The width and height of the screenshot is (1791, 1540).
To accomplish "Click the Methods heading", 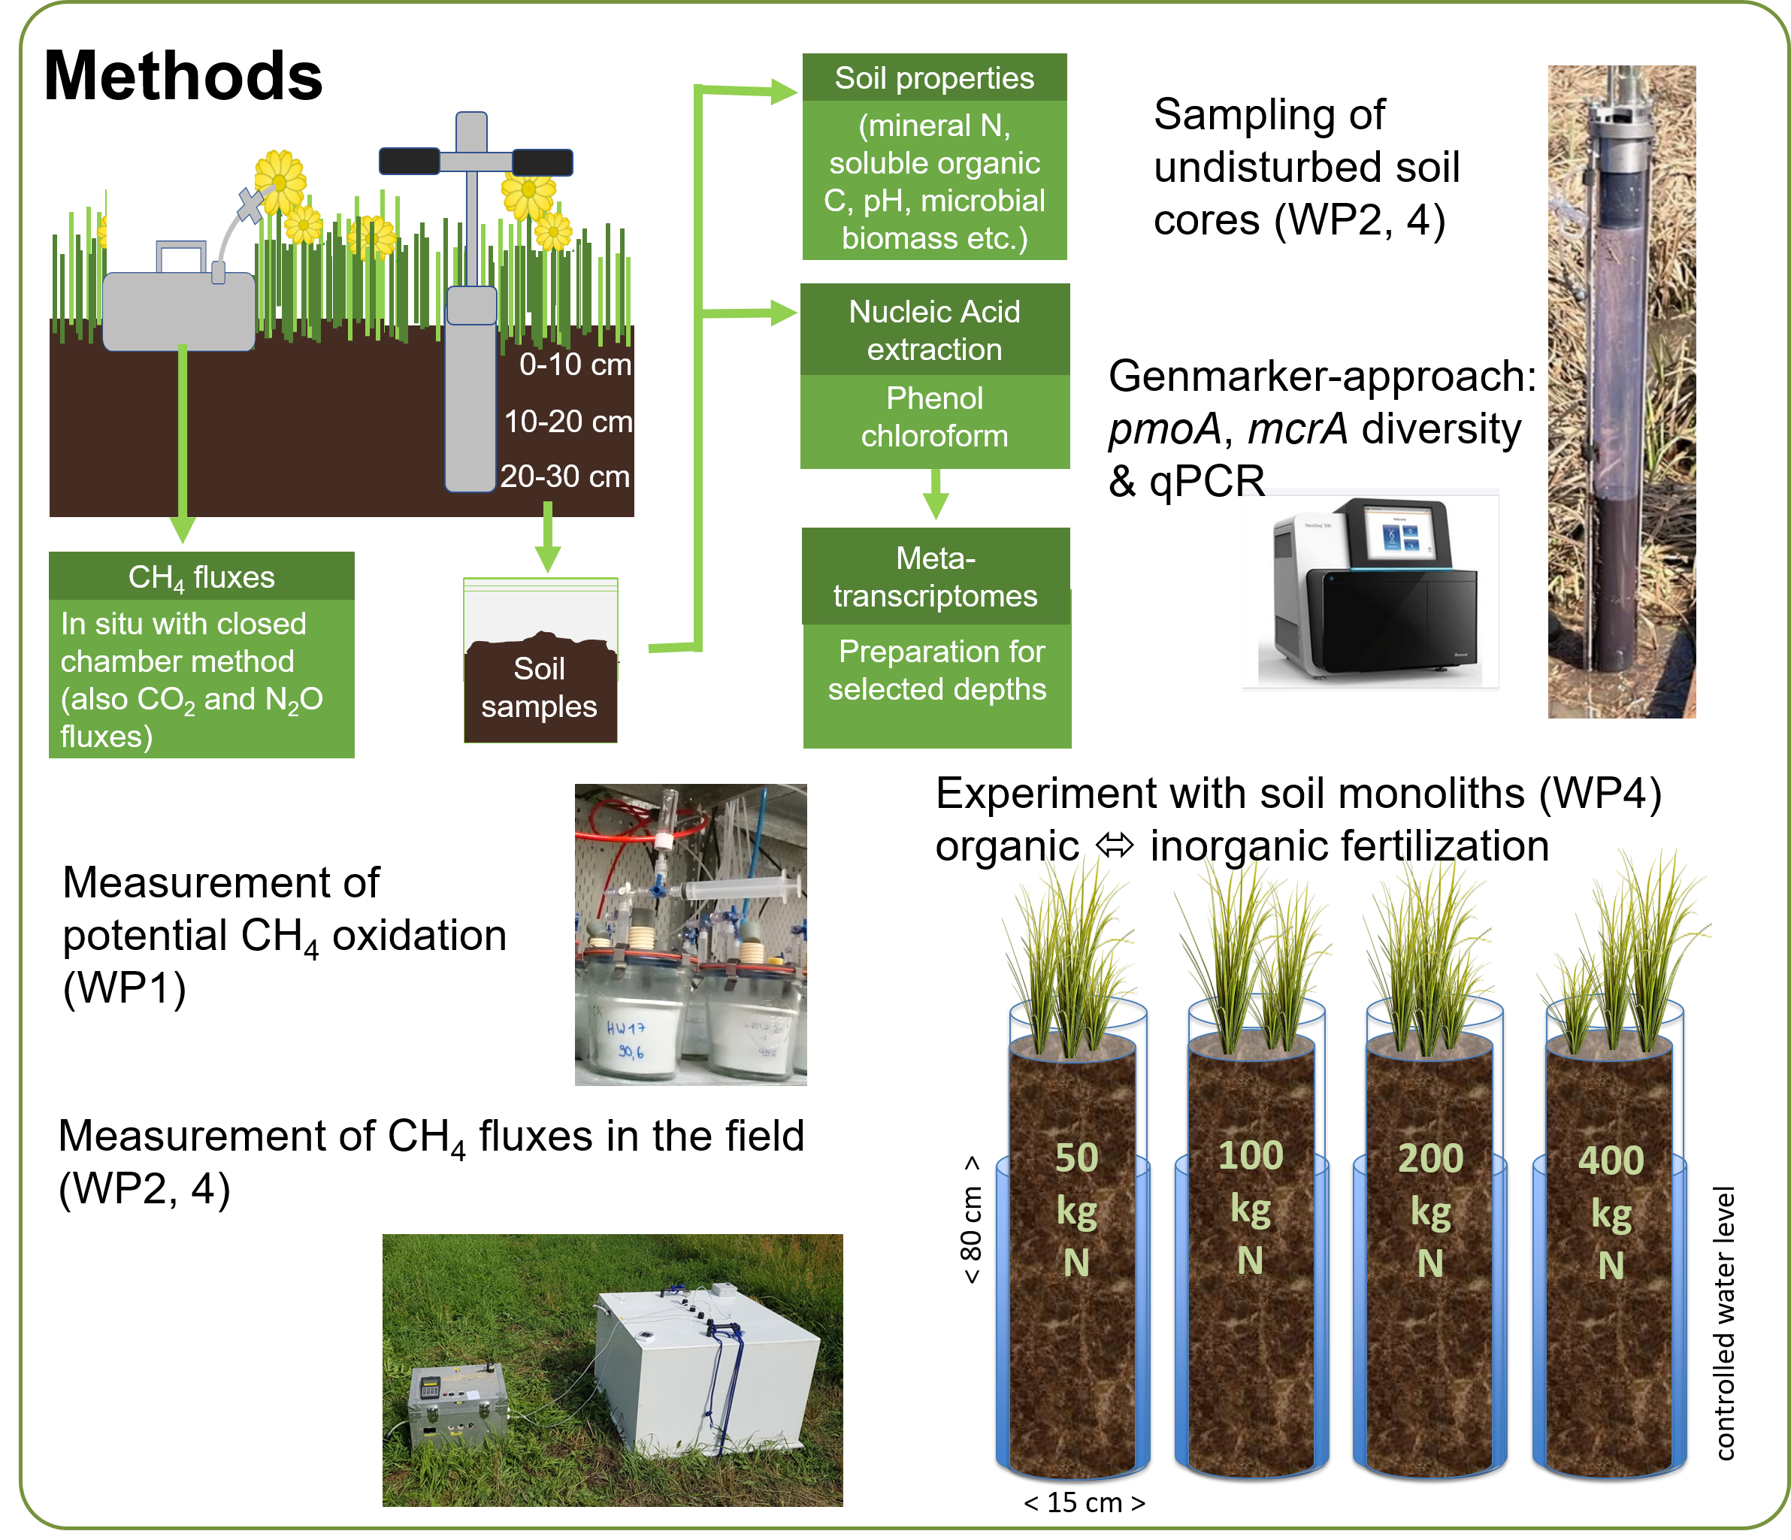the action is point(183,76).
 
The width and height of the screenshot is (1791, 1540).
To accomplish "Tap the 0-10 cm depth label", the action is point(575,365).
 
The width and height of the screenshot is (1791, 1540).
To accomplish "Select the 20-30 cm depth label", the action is point(565,477).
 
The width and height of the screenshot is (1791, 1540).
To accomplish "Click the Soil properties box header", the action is point(934,77).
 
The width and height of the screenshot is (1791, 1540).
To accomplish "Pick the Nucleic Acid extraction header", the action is point(934,330).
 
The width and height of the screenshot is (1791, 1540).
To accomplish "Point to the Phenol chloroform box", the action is point(934,417).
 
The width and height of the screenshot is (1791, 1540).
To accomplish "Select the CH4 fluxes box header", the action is point(201,576).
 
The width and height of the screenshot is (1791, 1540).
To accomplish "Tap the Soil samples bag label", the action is point(540,687).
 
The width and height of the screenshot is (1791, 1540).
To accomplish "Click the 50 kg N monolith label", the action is point(1076,1210).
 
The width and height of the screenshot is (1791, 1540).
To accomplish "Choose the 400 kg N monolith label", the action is point(1611,1212).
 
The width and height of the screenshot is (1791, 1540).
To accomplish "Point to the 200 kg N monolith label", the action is point(1430,1210).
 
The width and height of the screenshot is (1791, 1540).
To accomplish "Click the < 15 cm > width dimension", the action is point(1084,1503).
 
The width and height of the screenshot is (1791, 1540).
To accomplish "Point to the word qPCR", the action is point(1207,481).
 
